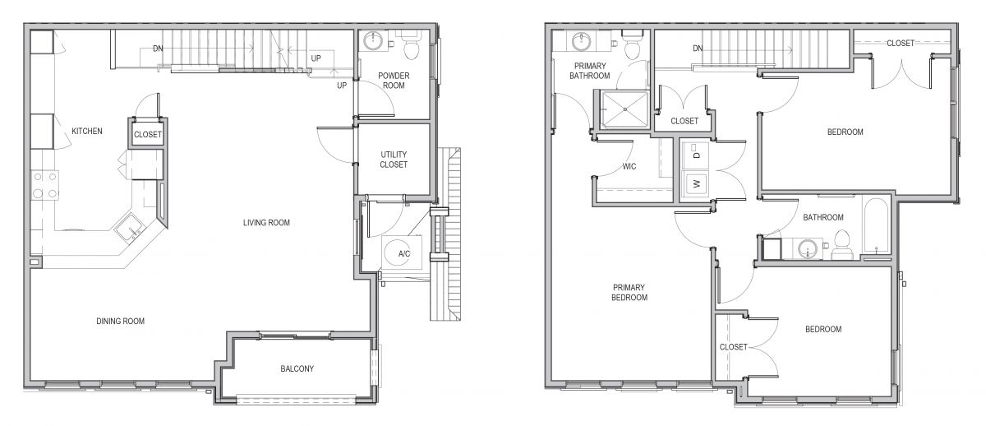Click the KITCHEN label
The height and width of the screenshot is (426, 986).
click(x=87, y=132)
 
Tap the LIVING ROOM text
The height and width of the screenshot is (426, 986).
click(x=266, y=223)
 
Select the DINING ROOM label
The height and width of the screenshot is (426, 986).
click(x=120, y=322)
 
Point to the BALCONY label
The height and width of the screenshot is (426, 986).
click(x=297, y=368)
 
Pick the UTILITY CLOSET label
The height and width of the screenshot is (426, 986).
click(x=394, y=160)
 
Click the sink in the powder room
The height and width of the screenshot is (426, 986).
click(x=374, y=42)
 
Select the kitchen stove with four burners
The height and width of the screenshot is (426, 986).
click(x=44, y=185)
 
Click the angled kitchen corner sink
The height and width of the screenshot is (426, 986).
click(x=131, y=228)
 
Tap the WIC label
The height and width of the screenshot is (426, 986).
click(x=629, y=166)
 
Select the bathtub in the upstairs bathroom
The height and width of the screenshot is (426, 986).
click(x=877, y=226)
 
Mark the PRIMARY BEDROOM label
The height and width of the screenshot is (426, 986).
click(x=629, y=293)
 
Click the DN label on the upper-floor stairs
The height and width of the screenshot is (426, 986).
click(x=698, y=48)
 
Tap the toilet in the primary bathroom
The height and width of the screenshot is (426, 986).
click(x=632, y=45)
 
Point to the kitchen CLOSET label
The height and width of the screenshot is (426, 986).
click(x=148, y=134)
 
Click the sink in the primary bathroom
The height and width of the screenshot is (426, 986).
click(x=581, y=41)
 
